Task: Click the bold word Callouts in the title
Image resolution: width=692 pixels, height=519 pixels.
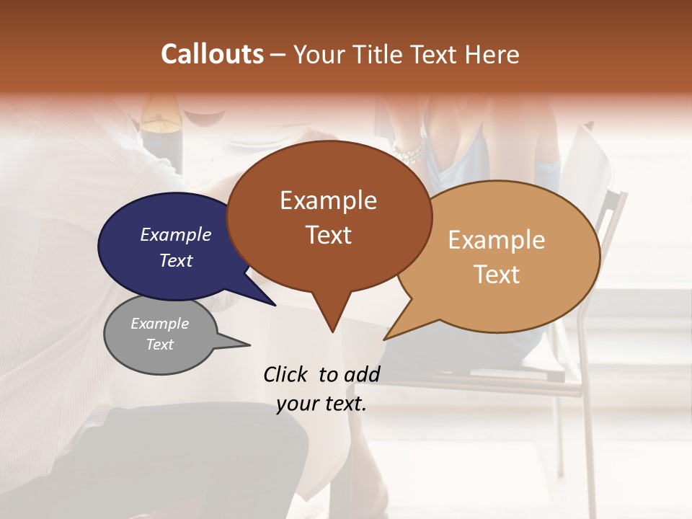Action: [x=212, y=54]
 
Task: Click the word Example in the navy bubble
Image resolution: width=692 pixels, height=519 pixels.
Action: [x=175, y=234]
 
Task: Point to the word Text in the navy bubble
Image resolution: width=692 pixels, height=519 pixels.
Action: [x=175, y=260]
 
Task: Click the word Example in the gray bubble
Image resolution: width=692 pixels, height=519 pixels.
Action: [x=159, y=324]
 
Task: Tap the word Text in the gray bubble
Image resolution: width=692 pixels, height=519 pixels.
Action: [x=159, y=345]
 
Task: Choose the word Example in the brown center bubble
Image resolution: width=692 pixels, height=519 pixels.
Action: [x=328, y=200]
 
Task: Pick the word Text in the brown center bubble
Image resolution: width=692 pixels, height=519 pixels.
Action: [x=328, y=235]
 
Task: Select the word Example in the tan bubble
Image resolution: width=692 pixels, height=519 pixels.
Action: [x=497, y=240]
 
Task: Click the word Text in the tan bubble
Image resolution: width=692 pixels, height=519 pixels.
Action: [x=497, y=275]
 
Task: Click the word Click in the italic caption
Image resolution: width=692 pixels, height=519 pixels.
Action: [x=286, y=374]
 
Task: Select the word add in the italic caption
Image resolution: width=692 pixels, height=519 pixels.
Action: [x=362, y=374]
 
